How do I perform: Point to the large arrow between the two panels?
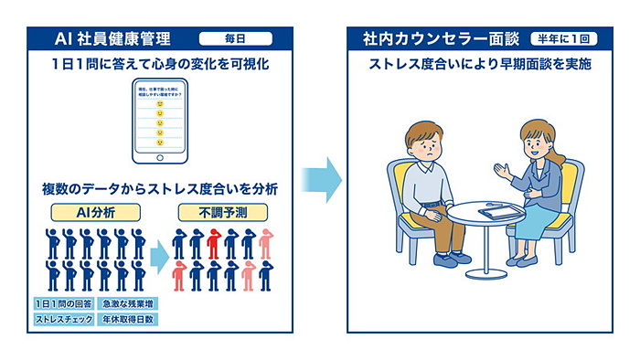[x=321, y=179]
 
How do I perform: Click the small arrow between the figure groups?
[x=159, y=257]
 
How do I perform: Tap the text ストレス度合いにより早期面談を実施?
[x=479, y=66]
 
